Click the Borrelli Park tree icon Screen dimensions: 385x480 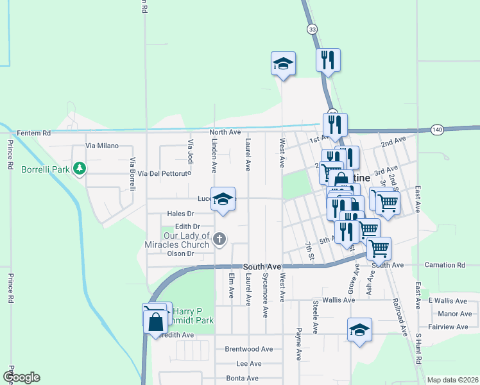(80, 169)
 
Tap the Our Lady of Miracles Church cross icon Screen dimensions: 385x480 (219, 240)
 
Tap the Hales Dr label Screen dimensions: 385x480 (180, 214)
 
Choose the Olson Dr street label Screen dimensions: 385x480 (180, 253)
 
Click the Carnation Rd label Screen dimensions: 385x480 (445, 264)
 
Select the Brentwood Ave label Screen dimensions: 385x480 (248, 349)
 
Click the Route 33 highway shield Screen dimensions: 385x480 (312, 29)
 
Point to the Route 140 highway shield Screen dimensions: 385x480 (437, 129)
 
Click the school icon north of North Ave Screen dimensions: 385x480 (283, 64)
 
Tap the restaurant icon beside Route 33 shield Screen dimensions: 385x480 (328, 60)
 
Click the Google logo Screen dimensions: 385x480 (21, 377)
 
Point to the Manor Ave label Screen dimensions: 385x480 (455, 314)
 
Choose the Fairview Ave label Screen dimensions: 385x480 (450, 327)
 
